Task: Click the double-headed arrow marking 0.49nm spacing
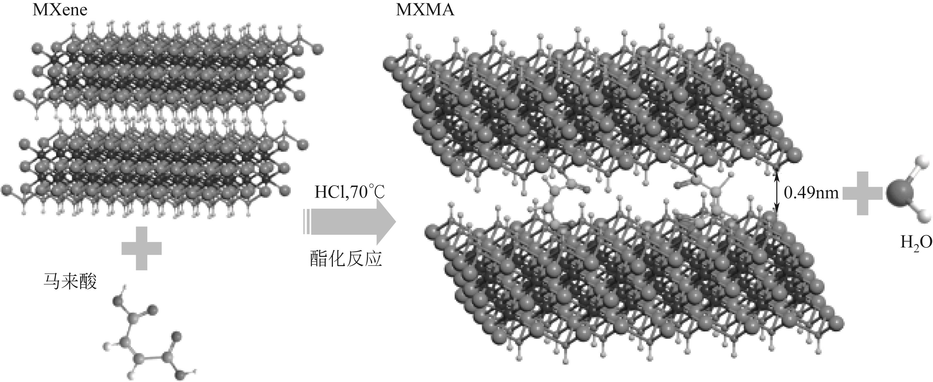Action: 776,192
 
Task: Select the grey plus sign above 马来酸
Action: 141,248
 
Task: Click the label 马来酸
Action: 70,281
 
